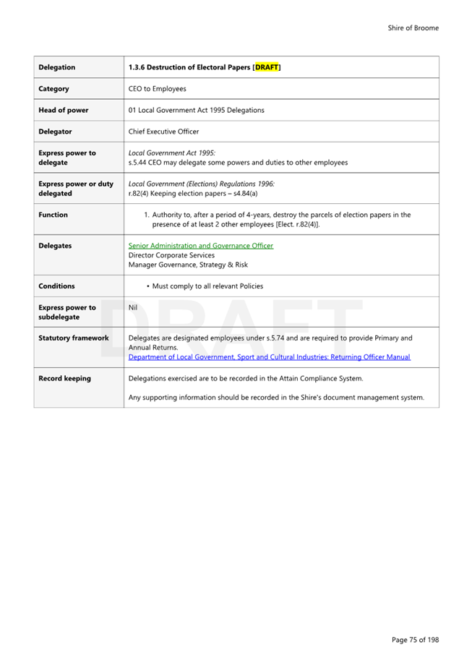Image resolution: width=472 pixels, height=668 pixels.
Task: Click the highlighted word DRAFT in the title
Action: (x=267, y=68)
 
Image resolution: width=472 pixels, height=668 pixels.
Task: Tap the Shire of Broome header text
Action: (x=413, y=28)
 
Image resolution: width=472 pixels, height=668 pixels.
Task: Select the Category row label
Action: (x=54, y=89)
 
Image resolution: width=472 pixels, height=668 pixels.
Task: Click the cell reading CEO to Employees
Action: (x=157, y=89)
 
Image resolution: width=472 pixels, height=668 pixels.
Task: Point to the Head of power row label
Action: (x=63, y=111)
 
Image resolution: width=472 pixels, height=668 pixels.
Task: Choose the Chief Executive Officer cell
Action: (x=163, y=132)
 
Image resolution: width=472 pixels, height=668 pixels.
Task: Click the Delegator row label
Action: (x=55, y=132)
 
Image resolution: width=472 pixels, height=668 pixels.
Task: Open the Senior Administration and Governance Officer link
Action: (x=200, y=246)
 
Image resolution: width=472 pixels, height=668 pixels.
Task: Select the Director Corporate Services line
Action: (x=171, y=255)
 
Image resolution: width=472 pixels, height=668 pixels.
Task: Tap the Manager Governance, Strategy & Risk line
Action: (x=188, y=265)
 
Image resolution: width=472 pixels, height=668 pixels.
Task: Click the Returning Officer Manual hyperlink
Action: (x=269, y=357)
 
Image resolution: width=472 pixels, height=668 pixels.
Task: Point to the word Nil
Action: (x=133, y=307)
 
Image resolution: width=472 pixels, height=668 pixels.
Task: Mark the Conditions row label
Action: (x=56, y=286)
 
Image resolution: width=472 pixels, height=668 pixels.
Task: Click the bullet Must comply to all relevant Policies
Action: (x=207, y=286)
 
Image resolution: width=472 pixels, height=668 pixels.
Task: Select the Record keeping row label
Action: (x=64, y=378)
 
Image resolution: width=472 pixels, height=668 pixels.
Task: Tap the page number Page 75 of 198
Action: (x=415, y=640)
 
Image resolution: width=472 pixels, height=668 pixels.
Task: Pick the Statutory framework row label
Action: (x=73, y=338)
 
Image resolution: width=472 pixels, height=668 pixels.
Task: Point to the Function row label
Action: (x=53, y=215)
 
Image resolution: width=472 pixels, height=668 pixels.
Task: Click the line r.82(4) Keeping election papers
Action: (x=193, y=194)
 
